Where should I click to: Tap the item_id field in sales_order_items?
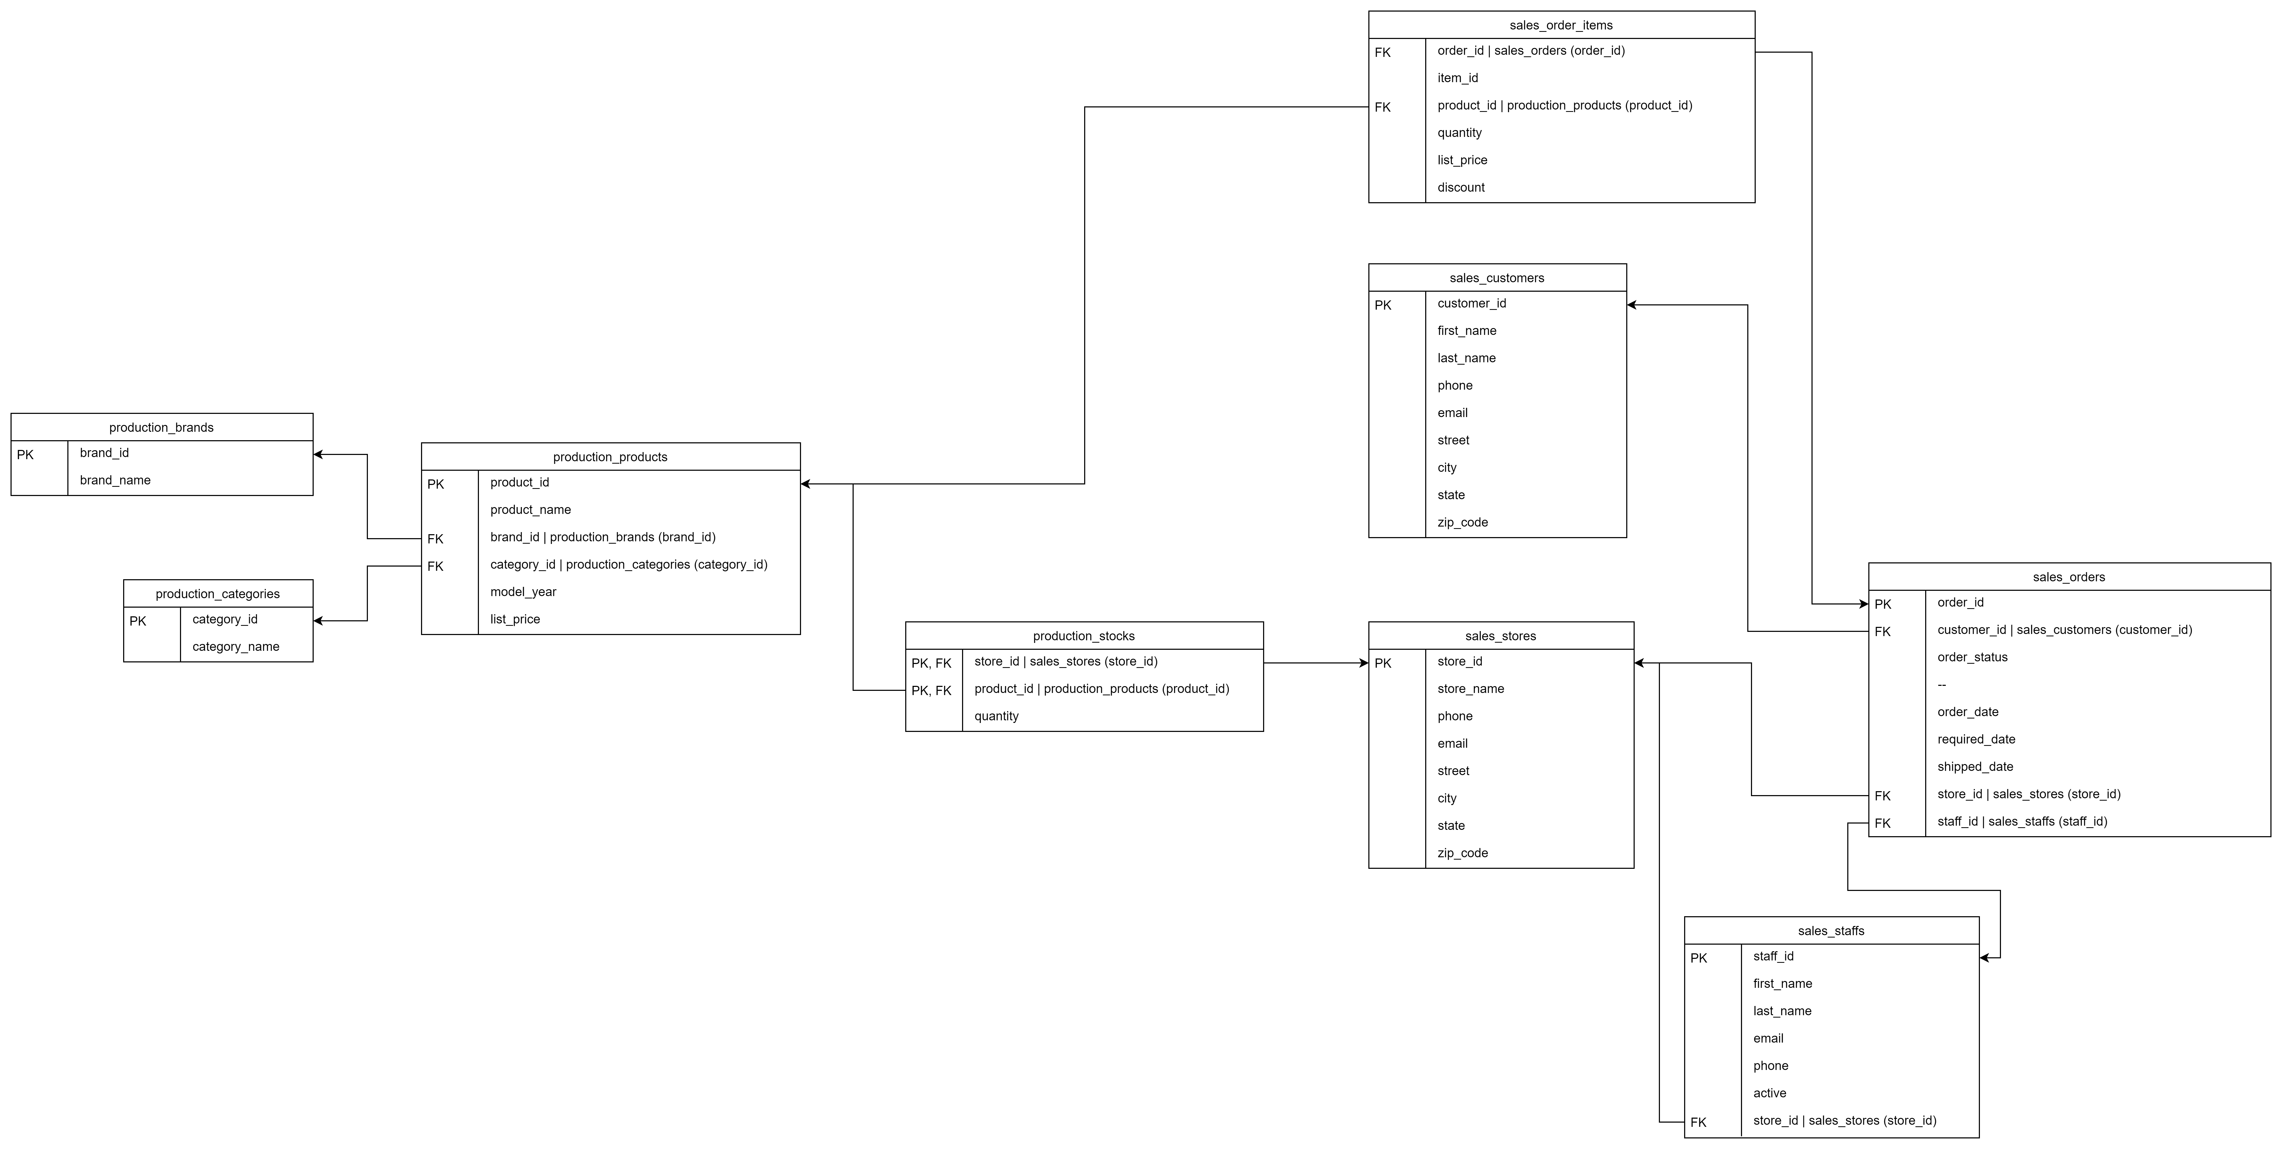[x=1457, y=78]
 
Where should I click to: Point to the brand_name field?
[x=115, y=480]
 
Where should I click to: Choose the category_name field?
[x=236, y=647]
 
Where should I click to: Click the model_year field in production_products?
[x=523, y=592]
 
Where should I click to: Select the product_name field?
[x=530, y=509]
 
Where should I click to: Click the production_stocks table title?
[x=1083, y=636]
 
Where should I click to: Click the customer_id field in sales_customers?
[x=1472, y=303]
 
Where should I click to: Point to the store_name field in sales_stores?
[x=1470, y=688]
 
